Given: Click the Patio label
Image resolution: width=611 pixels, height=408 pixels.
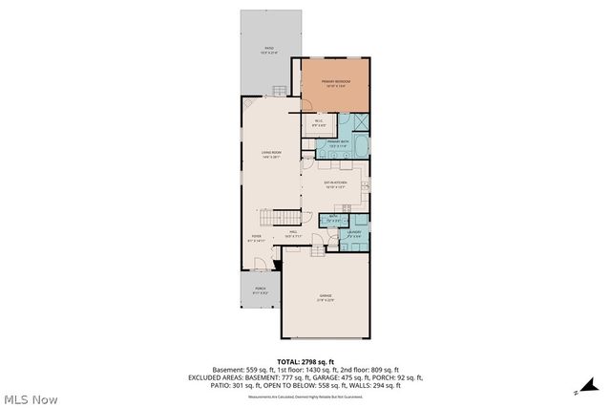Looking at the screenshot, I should click(x=269, y=49).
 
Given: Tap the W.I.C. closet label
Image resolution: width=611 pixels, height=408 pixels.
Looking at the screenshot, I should click(x=319, y=123).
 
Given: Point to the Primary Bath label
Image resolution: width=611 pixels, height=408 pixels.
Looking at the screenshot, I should click(x=339, y=143).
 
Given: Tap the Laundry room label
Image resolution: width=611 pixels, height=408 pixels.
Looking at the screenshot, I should click(x=354, y=233).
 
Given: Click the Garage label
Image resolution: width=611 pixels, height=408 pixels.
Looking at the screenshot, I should click(x=326, y=298).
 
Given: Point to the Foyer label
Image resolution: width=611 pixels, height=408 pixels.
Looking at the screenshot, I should click(x=257, y=238).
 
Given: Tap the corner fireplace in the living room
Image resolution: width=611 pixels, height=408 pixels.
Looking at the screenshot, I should click(x=247, y=105).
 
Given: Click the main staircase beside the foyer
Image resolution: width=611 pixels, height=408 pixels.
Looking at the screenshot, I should click(x=283, y=216).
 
